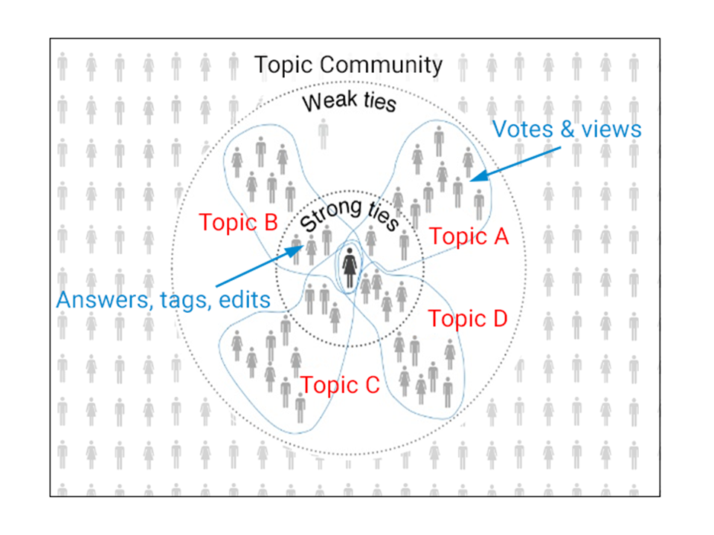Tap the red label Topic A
click(x=469, y=237)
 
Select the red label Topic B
click(x=239, y=222)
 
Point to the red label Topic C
click(x=340, y=385)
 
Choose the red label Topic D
click(x=468, y=320)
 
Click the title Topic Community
click(x=348, y=65)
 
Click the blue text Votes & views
click(x=567, y=129)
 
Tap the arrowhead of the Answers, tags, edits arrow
click(x=296, y=250)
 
